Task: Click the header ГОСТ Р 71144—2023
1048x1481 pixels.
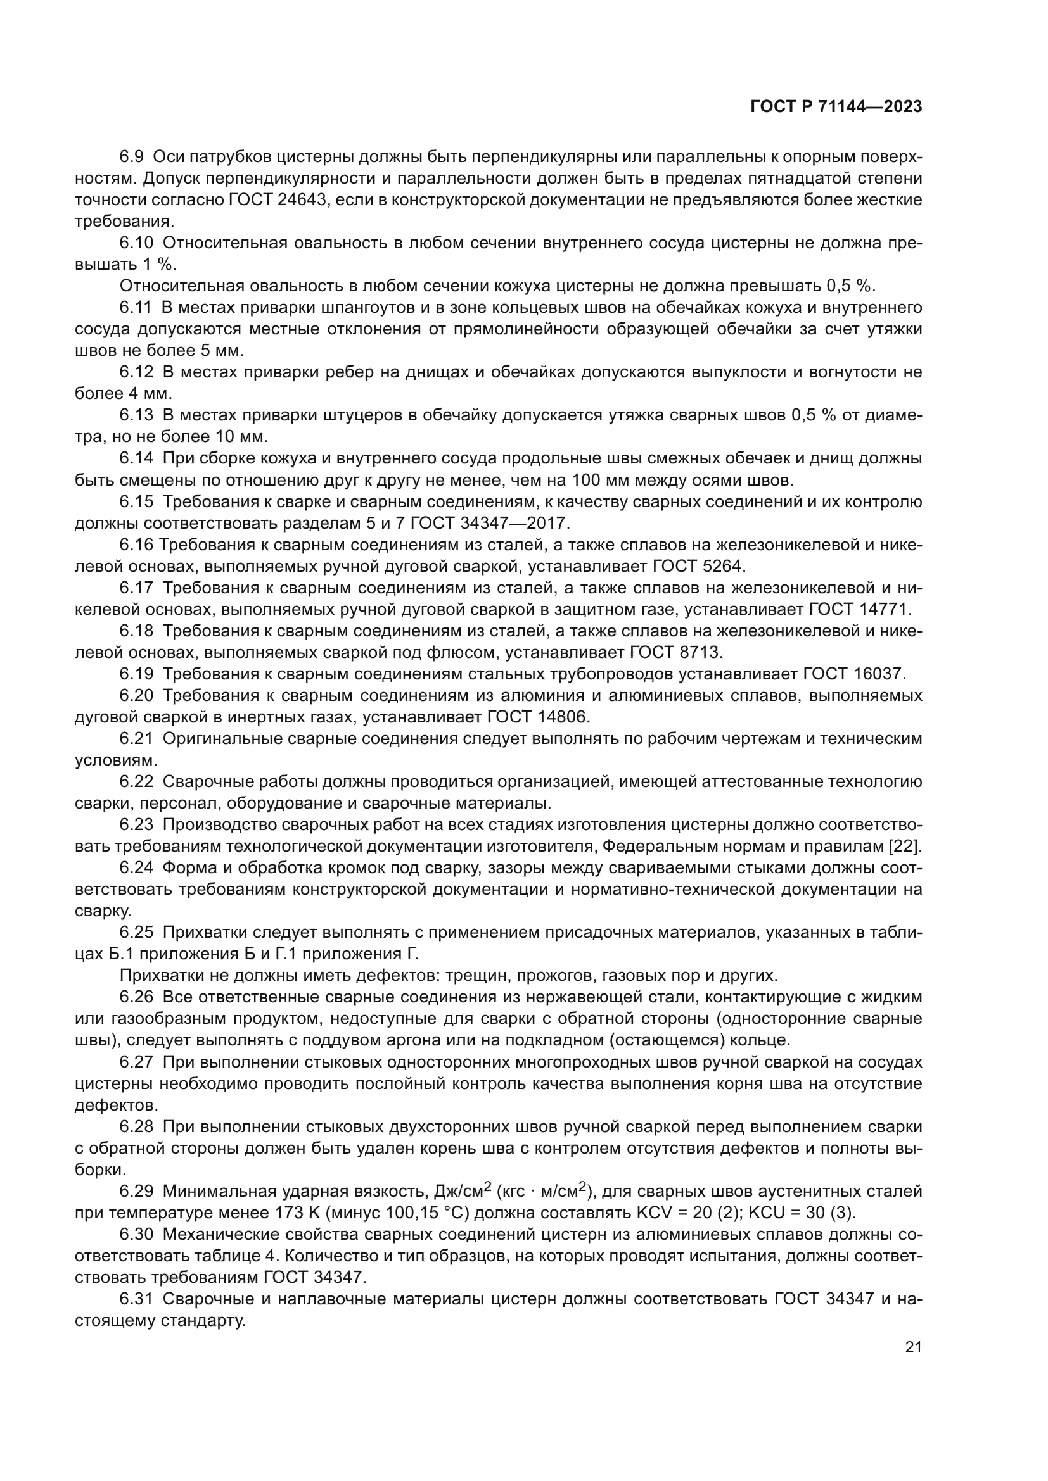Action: pos(836,107)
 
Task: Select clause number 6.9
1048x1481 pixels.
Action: pos(132,157)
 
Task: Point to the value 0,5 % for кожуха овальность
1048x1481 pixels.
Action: pos(850,286)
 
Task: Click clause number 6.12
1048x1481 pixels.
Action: pos(137,372)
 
